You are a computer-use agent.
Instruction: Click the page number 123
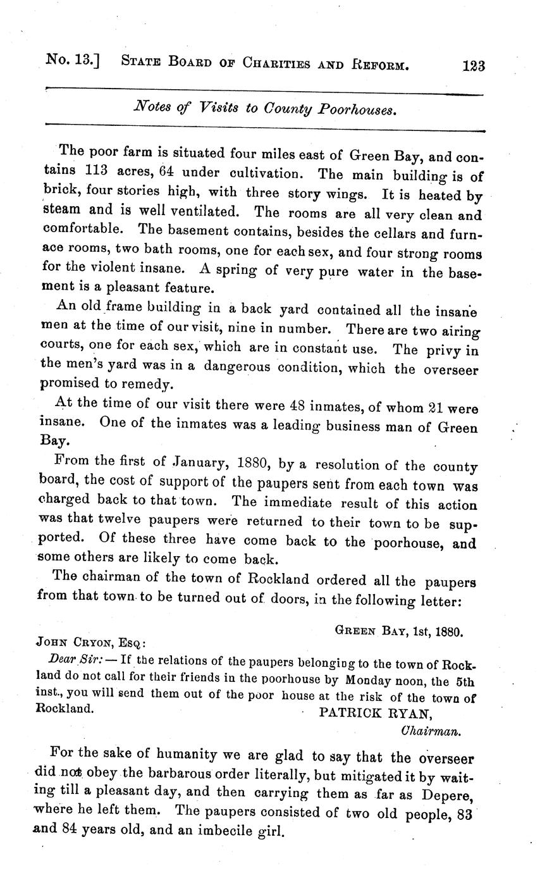coord(474,66)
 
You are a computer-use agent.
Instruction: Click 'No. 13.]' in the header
coord(74,61)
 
